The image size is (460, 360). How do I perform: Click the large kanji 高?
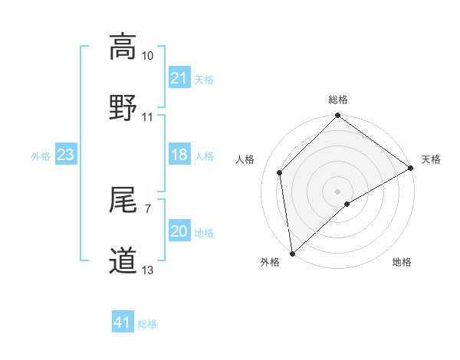pos(123,47)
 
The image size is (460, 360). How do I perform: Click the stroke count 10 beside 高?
pos(148,56)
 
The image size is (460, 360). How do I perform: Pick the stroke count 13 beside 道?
pos(148,270)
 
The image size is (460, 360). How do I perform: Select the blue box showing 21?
pos(179,79)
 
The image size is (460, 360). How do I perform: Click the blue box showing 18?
pos(179,155)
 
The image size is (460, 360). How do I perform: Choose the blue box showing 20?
pos(179,232)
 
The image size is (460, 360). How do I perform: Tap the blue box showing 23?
pos(66,155)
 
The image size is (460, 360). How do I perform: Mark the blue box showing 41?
pos(123,323)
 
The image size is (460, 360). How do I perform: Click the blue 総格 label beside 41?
pos(147,324)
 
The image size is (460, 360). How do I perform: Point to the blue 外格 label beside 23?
pos(41,156)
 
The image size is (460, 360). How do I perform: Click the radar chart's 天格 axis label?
pos(431,159)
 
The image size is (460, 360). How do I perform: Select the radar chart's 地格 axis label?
pos(402,263)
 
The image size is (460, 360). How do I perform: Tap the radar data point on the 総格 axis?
pos(337,116)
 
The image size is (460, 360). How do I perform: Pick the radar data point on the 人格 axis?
pos(280,172)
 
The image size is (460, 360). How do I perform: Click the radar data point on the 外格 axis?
pos(292,253)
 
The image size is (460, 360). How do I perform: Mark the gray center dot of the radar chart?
pos(337,191)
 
